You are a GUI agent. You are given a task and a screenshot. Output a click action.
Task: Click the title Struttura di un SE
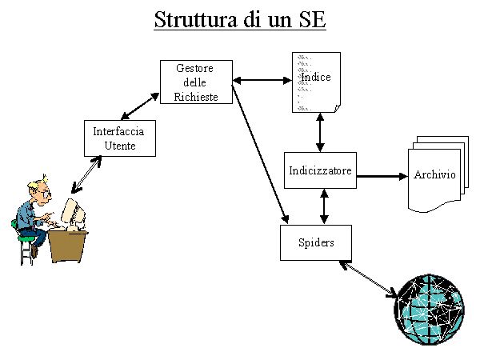point(239,20)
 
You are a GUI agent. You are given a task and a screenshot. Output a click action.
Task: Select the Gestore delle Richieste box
point(196,82)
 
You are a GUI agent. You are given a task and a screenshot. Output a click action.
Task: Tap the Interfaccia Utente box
point(119,138)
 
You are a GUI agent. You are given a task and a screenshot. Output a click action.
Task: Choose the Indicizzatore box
point(320,170)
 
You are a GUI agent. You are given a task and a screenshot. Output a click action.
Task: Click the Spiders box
point(316,242)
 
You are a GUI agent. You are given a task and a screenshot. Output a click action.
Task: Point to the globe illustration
point(429,308)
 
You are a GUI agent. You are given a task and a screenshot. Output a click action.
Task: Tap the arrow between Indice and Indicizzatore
point(320,131)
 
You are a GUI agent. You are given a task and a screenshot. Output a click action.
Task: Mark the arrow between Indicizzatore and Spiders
point(323,206)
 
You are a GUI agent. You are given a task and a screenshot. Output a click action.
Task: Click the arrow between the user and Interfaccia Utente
point(87,173)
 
